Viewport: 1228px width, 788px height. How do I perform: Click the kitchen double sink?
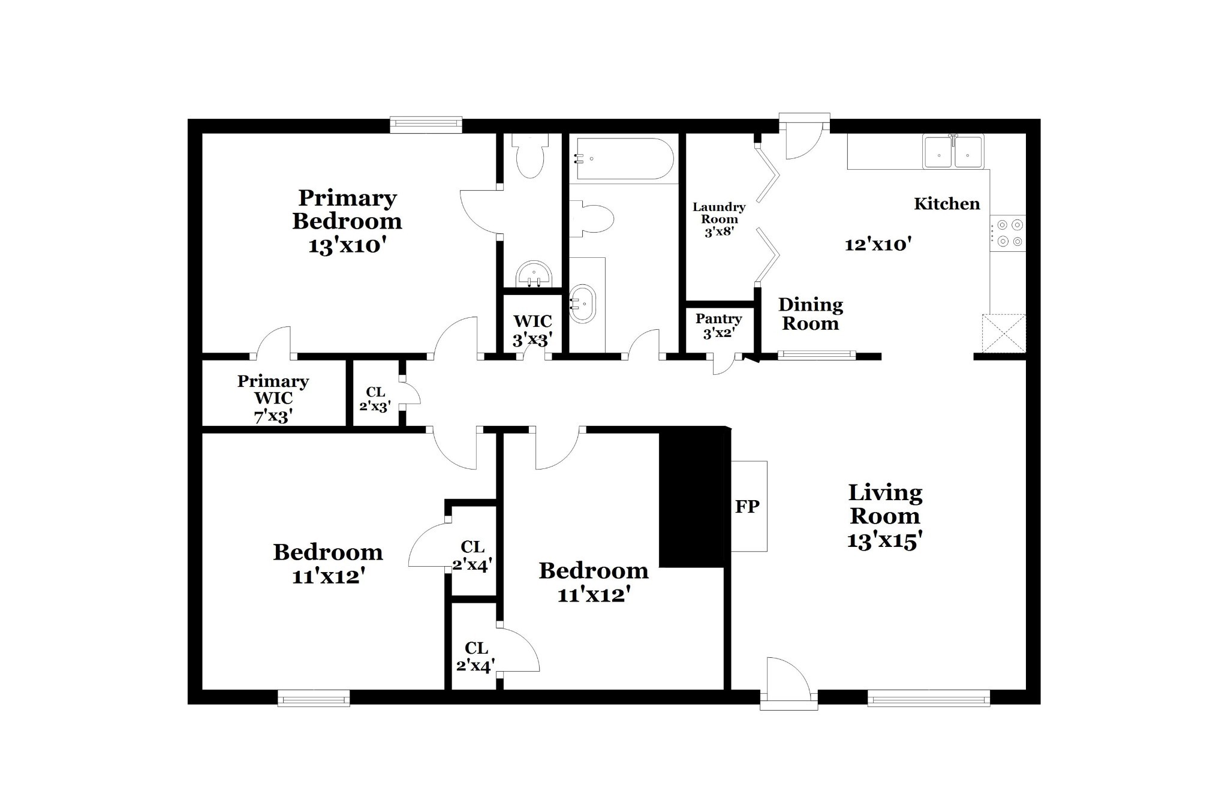click(953, 151)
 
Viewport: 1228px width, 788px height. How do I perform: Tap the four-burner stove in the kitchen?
click(1008, 233)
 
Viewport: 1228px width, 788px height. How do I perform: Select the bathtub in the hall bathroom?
click(621, 158)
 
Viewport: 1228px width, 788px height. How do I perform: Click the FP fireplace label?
click(747, 507)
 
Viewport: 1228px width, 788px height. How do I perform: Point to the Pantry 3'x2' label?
click(718, 326)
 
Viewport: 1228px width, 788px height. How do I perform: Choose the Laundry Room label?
click(719, 213)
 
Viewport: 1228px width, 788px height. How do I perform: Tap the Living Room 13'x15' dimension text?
click(884, 541)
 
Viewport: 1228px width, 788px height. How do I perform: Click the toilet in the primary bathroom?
click(530, 155)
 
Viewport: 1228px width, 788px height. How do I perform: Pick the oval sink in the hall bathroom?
click(582, 304)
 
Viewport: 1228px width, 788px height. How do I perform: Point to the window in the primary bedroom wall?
click(426, 125)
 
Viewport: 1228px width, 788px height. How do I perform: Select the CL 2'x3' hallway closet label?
click(375, 399)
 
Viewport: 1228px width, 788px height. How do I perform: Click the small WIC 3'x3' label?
click(532, 331)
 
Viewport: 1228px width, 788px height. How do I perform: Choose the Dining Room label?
click(811, 314)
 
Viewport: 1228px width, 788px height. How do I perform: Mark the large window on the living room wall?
click(928, 698)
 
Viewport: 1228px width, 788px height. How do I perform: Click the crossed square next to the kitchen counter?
click(1004, 333)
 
